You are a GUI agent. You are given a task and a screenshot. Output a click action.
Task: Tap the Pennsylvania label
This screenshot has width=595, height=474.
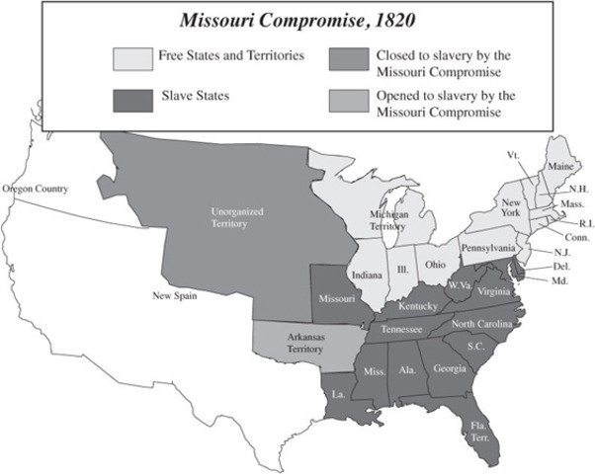pyautogui.click(x=486, y=247)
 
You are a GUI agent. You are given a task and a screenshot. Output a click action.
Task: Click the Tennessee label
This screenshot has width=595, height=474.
pyautogui.click(x=405, y=328)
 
